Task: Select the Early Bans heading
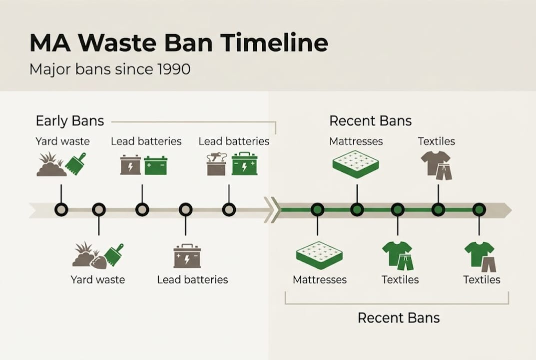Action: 70,121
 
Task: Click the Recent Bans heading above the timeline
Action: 370,121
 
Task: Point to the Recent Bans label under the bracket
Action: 399,317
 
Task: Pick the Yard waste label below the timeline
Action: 97,279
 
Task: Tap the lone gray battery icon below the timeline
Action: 187,256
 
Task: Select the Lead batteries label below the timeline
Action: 192,279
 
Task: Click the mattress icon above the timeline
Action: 355,164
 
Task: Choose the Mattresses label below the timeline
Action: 320,279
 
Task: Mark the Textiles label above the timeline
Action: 436,141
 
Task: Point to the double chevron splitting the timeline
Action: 270,209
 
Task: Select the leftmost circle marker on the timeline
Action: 61,209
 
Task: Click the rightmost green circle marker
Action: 479,209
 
